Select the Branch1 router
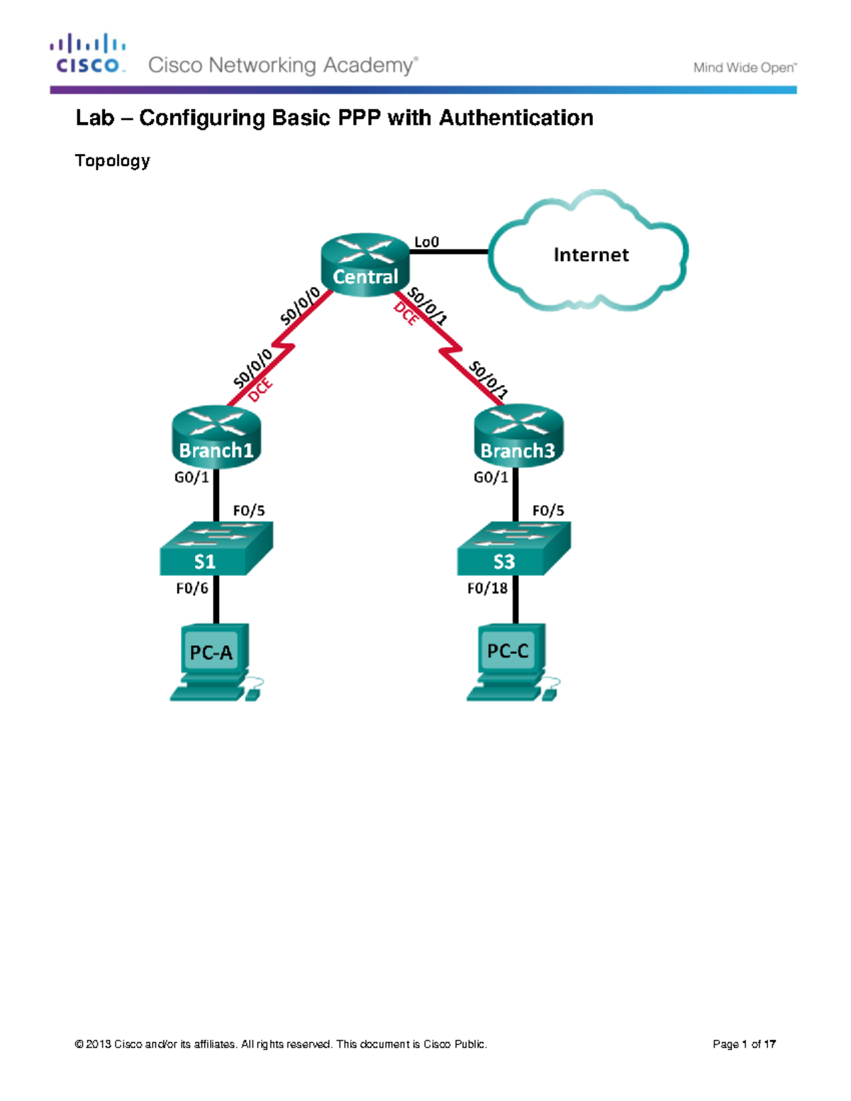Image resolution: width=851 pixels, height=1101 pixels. click(x=216, y=437)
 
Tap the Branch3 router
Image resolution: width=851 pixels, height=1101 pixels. click(x=518, y=437)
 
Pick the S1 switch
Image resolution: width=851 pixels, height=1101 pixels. click(x=216, y=549)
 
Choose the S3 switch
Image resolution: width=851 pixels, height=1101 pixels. click(x=513, y=549)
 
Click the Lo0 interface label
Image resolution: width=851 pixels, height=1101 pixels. click(x=426, y=242)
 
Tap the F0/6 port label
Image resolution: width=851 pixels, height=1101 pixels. click(x=192, y=588)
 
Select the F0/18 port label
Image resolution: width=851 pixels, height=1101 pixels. click(x=487, y=588)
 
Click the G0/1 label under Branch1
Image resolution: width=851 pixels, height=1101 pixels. click(x=191, y=477)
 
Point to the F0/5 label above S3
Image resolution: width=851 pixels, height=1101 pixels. click(x=548, y=510)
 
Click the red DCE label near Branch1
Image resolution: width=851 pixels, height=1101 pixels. click(x=260, y=390)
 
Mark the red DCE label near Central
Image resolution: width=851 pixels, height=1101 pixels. click(x=406, y=313)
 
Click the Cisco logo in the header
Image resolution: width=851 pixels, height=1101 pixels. click(x=88, y=54)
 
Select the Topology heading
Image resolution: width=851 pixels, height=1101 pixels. click(x=112, y=161)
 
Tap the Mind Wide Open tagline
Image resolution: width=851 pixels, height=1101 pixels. click(x=745, y=68)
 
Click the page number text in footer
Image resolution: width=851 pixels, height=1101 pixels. click(x=744, y=1044)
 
